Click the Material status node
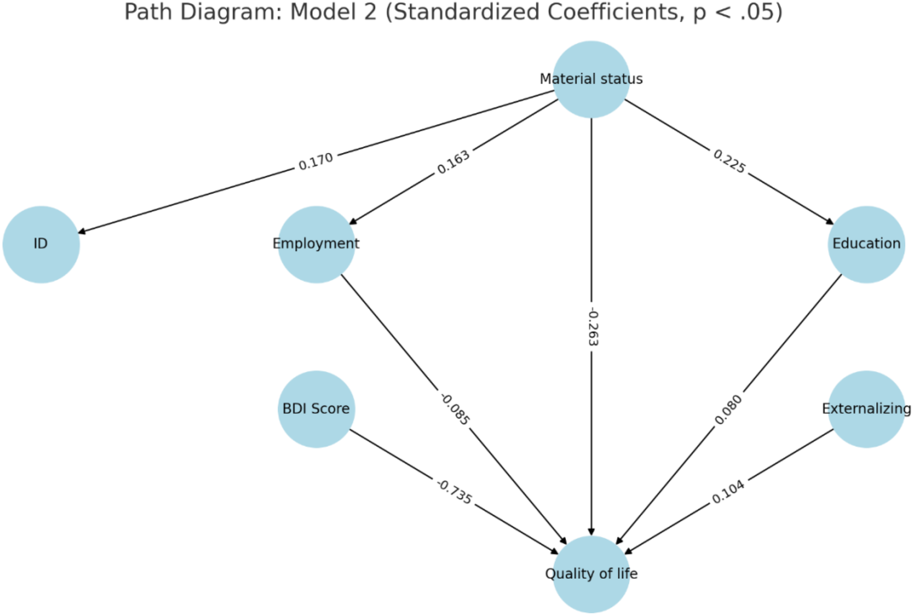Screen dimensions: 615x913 (x=591, y=79)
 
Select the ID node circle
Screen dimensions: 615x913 (x=41, y=244)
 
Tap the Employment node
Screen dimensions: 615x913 (x=316, y=244)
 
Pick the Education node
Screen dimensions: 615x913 (x=866, y=244)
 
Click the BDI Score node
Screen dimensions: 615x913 (x=316, y=409)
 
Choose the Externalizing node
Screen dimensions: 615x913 (x=866, y=409)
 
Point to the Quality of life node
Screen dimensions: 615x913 (x=591, y=574)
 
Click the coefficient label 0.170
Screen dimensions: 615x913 (x=316, y=162)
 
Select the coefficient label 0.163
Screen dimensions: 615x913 (x=453, y=162)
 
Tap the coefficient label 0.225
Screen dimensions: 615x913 (x=729, y=162)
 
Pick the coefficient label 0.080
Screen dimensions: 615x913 (x=728, y=410)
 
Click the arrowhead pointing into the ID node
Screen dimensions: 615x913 (x=82, y=232)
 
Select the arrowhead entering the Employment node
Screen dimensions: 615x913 (x=353, y=222)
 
